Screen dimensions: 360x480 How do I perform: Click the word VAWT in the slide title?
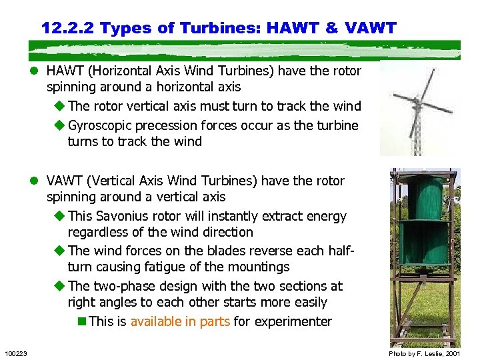[x=369, y=28]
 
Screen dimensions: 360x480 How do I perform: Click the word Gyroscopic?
[x=101, y=125]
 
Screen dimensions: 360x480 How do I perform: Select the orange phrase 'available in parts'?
[x=180, y=321]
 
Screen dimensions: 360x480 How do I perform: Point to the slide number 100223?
[x=15, y=353]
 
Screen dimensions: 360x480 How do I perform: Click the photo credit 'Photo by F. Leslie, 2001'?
[x=425, y=353]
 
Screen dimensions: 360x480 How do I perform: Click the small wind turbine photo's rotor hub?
[x=417, y=104]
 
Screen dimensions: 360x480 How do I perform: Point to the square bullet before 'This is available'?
[x=82, y=321]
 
